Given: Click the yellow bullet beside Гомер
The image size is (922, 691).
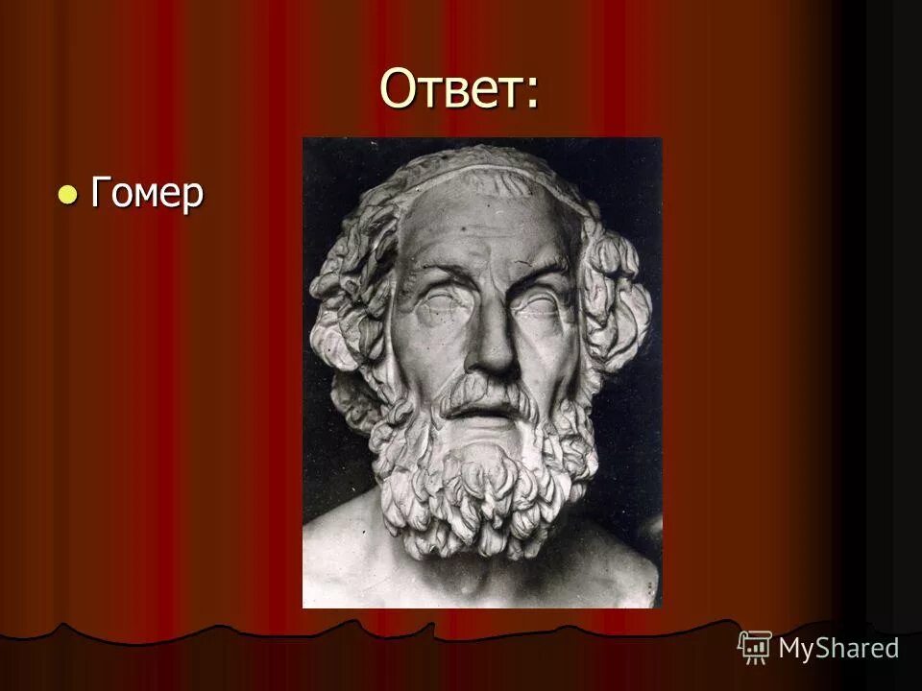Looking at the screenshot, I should [67, 195].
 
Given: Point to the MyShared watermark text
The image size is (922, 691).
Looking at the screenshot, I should [838, 648].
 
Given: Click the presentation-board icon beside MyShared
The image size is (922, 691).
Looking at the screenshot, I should [755, 648].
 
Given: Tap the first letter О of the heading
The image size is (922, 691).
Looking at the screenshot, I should [400, 90].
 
